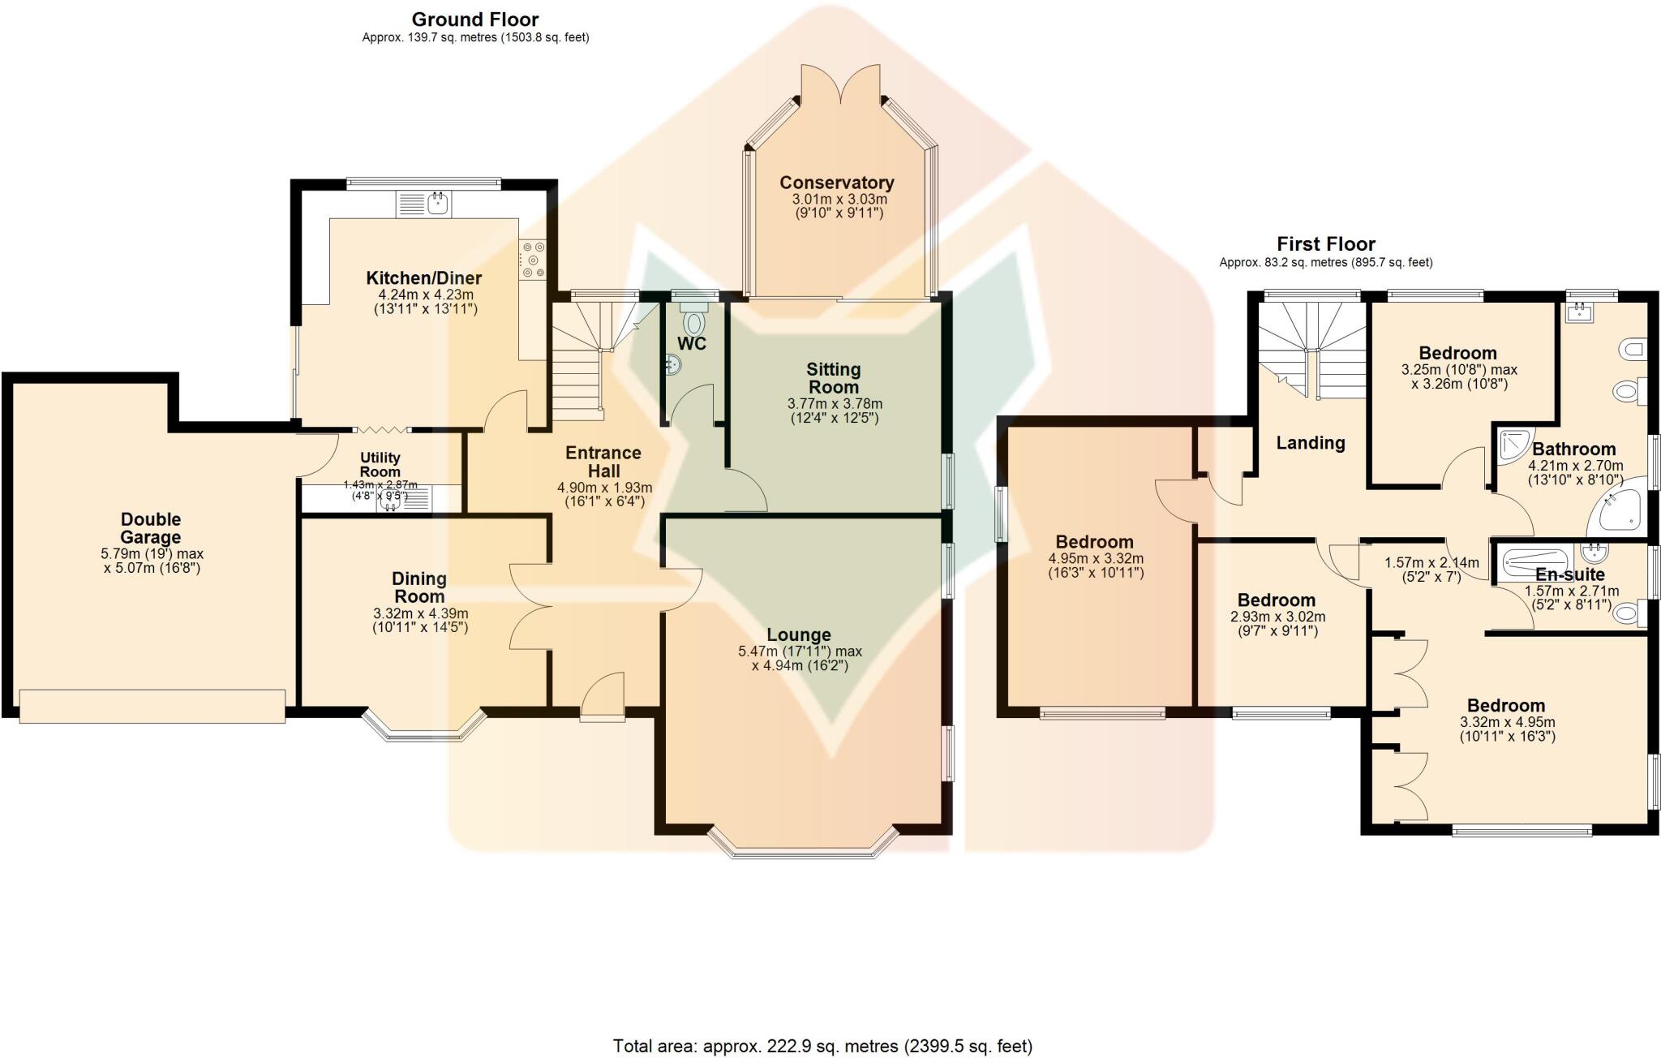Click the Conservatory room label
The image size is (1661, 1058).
pos(836,183)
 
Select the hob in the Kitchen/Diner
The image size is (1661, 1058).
pos(534,260)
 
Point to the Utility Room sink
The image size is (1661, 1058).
pos(390,501)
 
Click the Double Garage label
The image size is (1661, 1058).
pos(151,528)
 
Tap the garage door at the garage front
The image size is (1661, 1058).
pos(152,705)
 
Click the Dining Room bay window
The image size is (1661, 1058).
pos(423,728)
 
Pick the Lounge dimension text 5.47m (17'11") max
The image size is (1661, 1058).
pos(800,652)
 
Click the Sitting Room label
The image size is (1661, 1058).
pos(834,378)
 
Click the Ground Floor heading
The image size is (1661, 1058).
pos(475,19)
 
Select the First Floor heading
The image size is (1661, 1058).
pos(1325,244)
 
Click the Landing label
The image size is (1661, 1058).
pos(1310,443)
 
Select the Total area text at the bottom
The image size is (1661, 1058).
pos(822,1046)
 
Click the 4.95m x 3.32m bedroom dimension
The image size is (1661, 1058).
pos(1095,559)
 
